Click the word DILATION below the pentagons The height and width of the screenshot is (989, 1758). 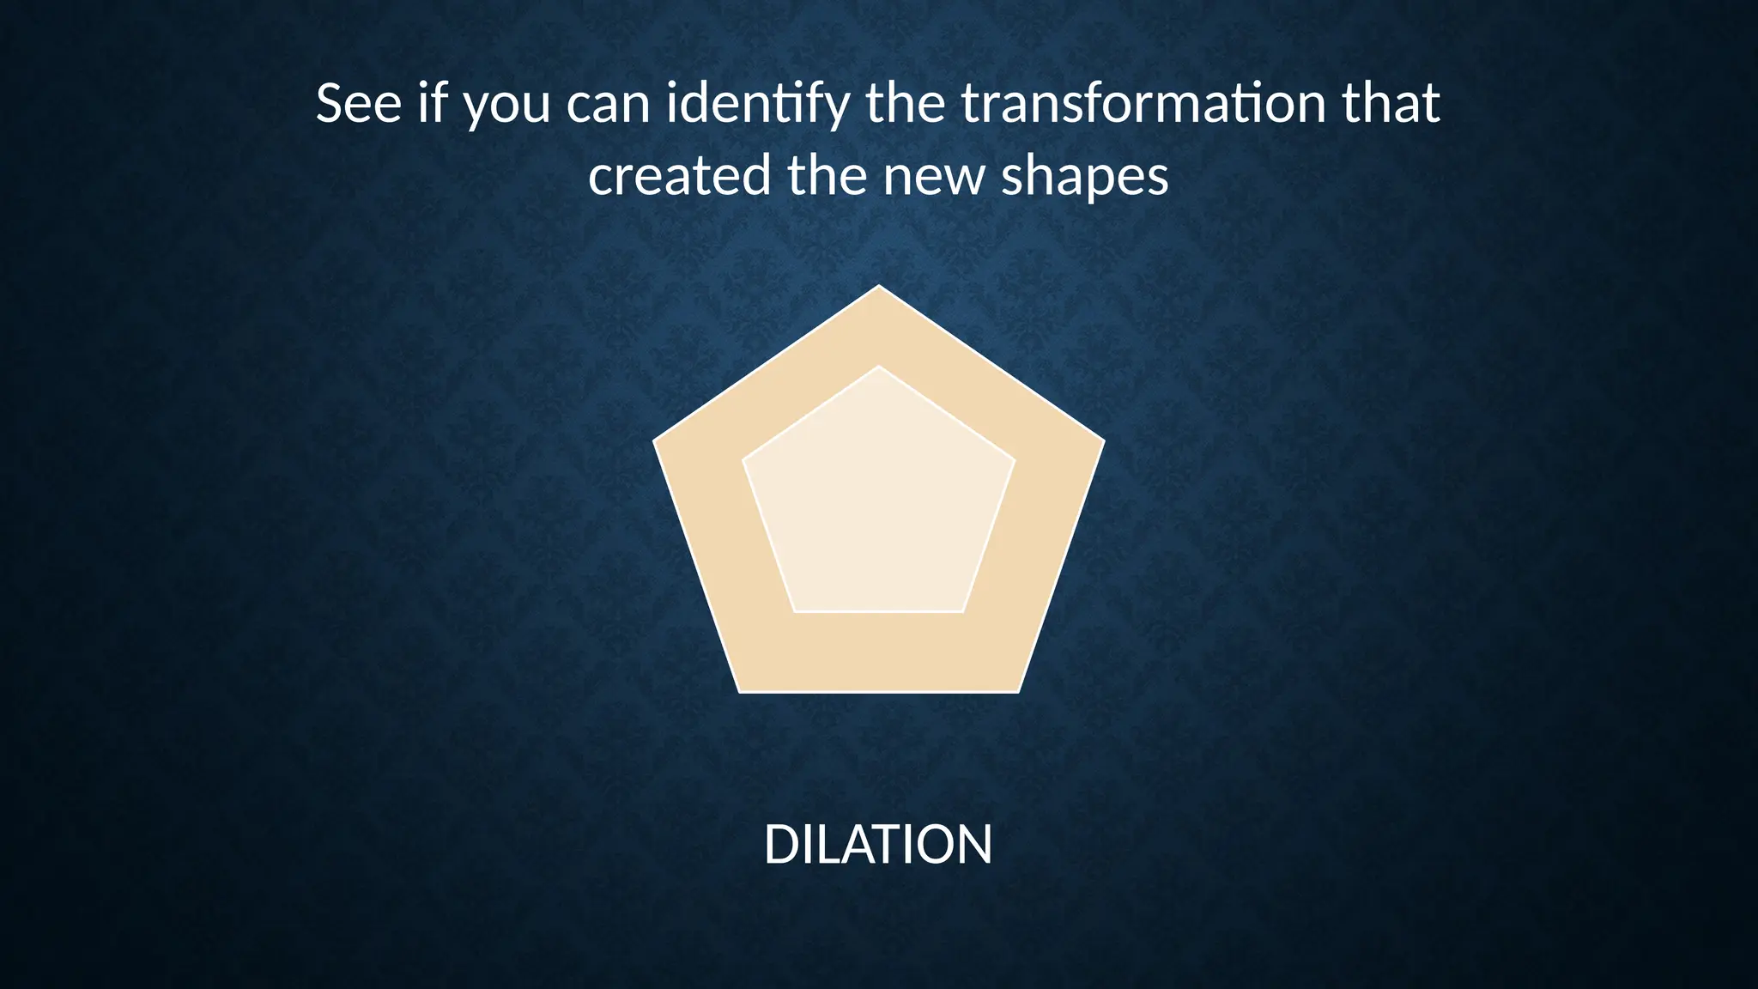pyautogui.click(x=878, y=845)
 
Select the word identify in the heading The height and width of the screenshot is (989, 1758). pyautogui.click(x=758, y=105)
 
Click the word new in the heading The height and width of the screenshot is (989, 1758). pyautogui.click(x=933, y=178)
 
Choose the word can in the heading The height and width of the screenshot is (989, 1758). pyautogui.click(x=608, y=105)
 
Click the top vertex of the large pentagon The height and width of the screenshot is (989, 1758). pyautogui.click(x=879, y=286)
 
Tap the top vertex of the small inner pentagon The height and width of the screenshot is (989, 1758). pyautogui.click(x=879, y=367)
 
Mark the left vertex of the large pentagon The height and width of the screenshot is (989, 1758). pyautogui.click(x=654, y=441)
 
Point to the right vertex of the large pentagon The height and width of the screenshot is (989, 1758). pyautogui.click(x=1104, y=441)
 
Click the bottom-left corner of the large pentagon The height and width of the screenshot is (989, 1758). pyautogui.click(x=739, y=691)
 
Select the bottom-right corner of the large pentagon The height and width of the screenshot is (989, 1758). pyautogui.click(x=1019, y=691)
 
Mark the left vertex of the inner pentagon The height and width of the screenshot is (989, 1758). pyautogui.click(x=743, y=460)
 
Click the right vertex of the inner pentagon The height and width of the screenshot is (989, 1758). pyautogui.click(x=1015, y=460)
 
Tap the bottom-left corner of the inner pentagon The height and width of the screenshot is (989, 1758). pyautogui.click(x=796, y=611)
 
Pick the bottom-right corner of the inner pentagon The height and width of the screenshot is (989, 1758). pyautogui.click(x=962, y=611)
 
